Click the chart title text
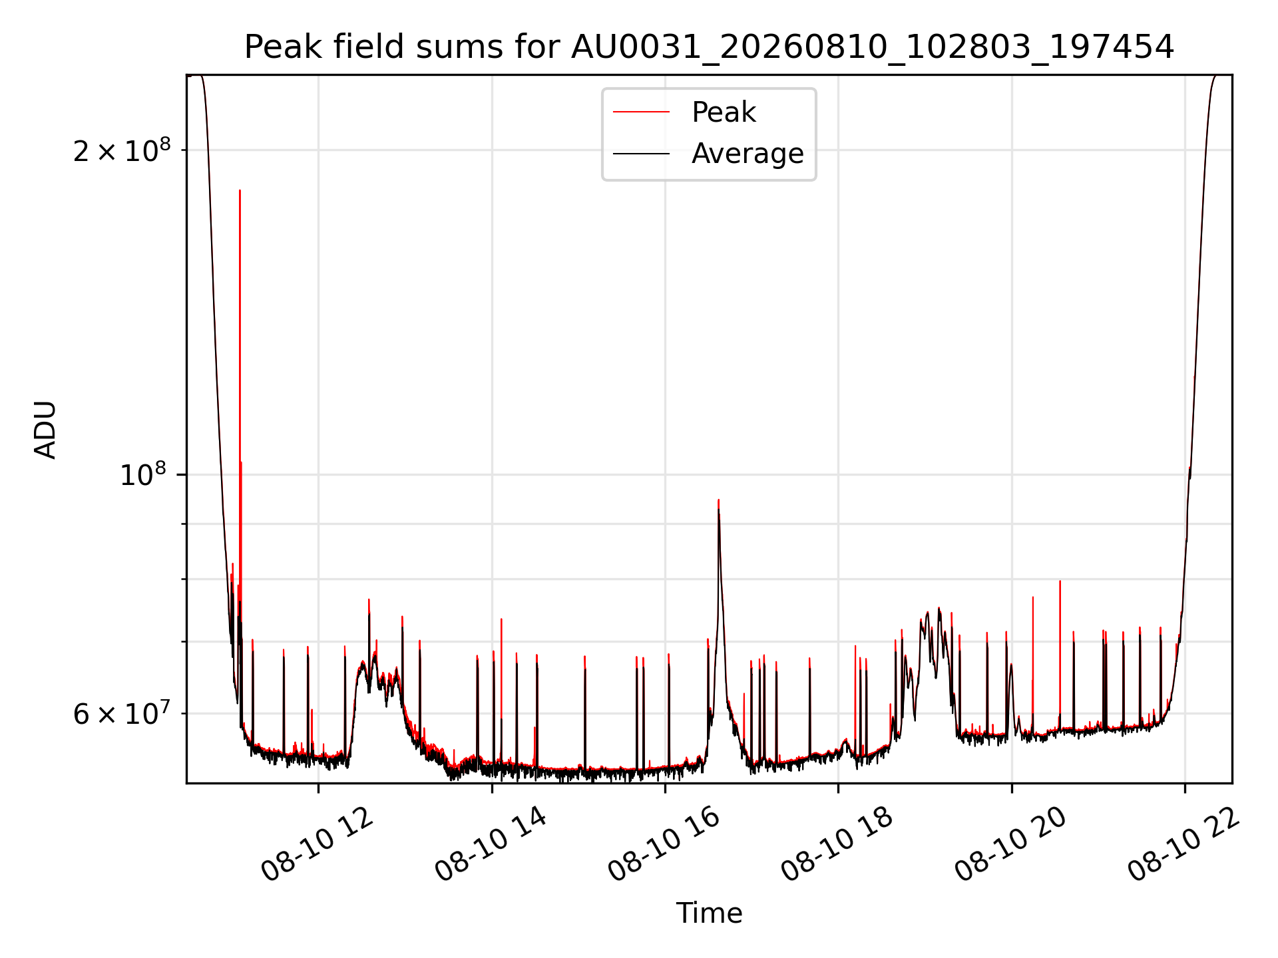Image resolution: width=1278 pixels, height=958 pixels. (x=709, y=47)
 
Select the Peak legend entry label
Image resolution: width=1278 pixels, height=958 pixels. (x=724, y=112)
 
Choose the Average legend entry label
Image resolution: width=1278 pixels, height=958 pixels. (x=747, y=154)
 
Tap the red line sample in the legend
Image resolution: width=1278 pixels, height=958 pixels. (x=641, y=112)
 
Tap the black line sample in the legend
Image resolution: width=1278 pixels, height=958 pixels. (x=641, y=154)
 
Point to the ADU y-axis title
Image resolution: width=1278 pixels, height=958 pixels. (x=45, y=430)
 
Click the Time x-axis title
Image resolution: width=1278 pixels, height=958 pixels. (x=709, y=913)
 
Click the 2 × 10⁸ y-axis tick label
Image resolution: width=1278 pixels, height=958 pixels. (x=121, y=150)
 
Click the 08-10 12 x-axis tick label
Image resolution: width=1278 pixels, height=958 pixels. (x=318, y=845)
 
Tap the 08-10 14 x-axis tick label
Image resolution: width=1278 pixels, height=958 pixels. (x=491, y=845)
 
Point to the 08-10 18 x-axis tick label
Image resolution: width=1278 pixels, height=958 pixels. (x=837, y=845)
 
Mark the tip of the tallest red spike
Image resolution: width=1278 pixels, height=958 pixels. (x=240, y=190)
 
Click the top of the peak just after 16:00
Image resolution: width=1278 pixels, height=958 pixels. (x=718, y=500)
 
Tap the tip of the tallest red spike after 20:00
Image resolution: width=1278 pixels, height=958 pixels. (x=1060, y=581)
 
